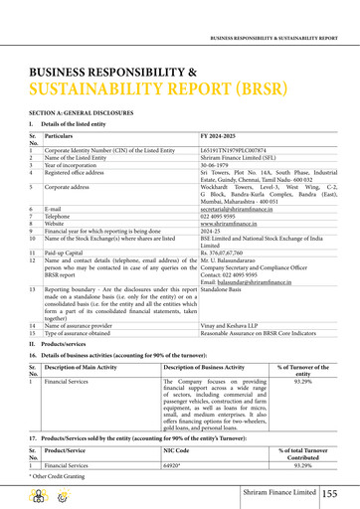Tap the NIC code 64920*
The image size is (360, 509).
point(174,464)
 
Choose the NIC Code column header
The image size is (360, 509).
point(175,449)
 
